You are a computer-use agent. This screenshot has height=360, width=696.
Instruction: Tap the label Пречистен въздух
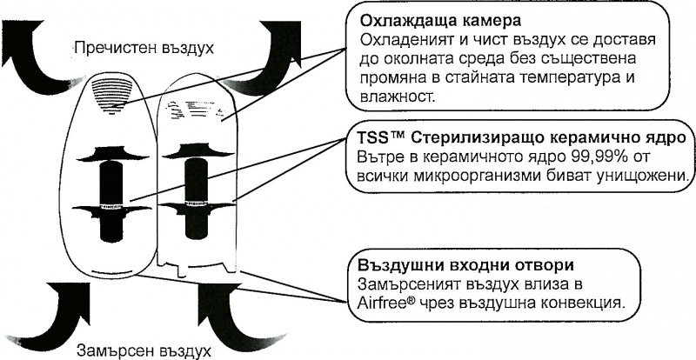coord(144,45)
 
